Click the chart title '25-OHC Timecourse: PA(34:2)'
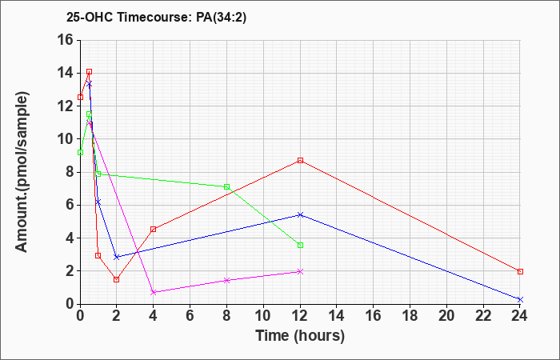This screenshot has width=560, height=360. tap(156, 18)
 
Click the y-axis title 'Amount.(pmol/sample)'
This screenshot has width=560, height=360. tap(22, 172)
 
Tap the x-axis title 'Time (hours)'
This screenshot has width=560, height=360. tap(300, 336)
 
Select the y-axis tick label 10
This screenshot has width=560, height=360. tap(66, 139)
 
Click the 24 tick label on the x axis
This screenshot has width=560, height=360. tap(520, 316)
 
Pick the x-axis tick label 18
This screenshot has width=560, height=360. tap(410, 316)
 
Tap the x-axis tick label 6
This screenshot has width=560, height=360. tap(190, 316)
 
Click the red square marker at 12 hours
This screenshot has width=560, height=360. tap(300, 160)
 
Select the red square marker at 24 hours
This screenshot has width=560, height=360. tap(520, 272)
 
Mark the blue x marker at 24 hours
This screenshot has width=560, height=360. tap(520, 299)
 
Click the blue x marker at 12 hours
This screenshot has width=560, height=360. tap(300, 214)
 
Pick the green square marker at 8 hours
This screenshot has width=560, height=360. tap(226, 186)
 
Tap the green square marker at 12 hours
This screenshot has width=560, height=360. tap(300, 246)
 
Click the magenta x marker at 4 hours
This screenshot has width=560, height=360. tap(154, 292)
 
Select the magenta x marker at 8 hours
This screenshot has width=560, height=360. tap(226, 280)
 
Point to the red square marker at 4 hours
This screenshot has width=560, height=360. tap(154, 230)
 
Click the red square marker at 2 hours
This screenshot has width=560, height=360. tap(117, 279)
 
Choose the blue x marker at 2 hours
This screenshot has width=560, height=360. tap(117, 257)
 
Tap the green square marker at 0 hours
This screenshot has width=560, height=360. tap(80, 153)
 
